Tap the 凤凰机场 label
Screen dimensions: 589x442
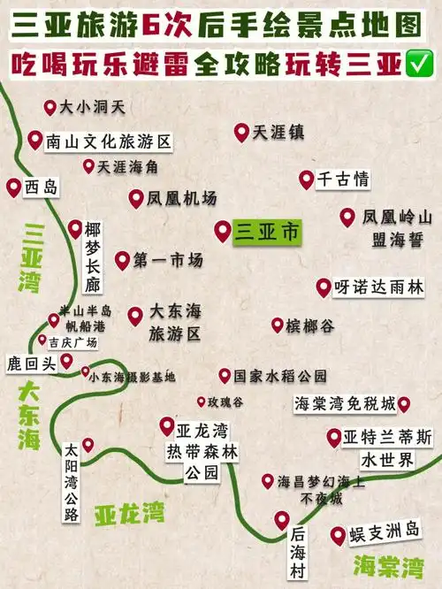182,199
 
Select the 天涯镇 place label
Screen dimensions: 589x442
278,133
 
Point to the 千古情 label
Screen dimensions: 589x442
342,180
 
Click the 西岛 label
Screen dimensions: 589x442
41,187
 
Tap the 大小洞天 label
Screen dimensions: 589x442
92,108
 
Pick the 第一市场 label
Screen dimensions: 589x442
168,260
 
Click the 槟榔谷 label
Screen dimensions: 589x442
309,326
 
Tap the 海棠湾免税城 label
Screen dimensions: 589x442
344,404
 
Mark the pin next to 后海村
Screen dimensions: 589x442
282,520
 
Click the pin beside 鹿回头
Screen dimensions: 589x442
66,360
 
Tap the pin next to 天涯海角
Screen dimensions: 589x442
88,165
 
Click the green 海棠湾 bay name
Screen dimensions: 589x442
387,564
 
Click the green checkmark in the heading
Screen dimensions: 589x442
415,65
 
